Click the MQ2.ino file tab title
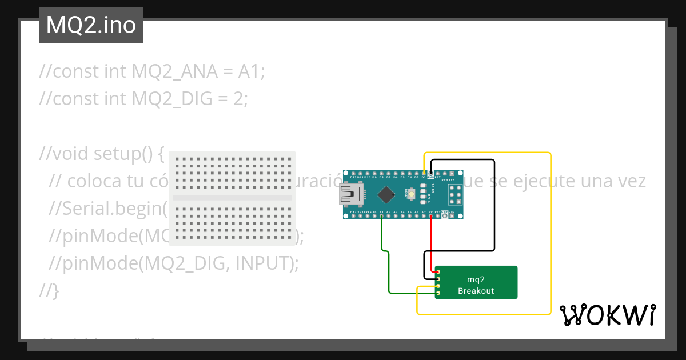[91, 25]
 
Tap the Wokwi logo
[607, 315]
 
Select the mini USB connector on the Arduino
[348, 194]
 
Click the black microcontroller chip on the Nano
[386, 194]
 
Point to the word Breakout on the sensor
[476, 291]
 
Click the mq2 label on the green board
[476, 279]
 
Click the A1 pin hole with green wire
[381, 216]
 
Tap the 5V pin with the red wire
[430, 216]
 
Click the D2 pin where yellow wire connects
[424, 173]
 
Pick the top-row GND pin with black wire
[430, 173]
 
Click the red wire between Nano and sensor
[430, 246]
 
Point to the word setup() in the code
[129, 154]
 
